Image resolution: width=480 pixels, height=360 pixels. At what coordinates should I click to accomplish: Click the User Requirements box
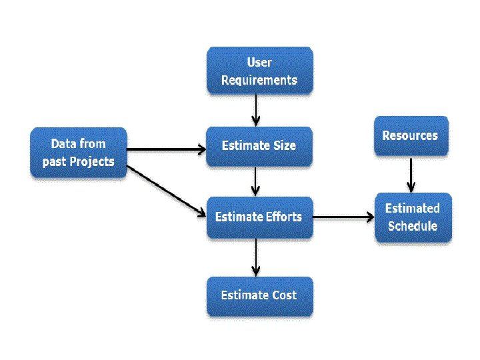pyautogui.click(x=259, y=71)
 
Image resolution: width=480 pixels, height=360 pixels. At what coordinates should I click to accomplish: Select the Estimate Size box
pyautogui.click(x=259, y=146)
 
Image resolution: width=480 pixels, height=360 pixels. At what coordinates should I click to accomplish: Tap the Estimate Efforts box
pyautogui.click(x=259, y=217)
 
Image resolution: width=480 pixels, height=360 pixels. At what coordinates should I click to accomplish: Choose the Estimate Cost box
pyautogui.click(x=259, y=295)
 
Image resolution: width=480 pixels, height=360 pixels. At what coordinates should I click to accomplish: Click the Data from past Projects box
pyautogui.click(x=78, y=153)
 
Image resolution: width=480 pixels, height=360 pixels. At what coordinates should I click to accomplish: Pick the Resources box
pyautogui.click(x=411, y=136)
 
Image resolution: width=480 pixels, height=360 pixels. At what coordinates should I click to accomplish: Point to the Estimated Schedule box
pyautogui.click(x=413, y=217)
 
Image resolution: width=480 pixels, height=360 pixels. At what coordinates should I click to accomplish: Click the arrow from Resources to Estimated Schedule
pyautogui.click(x=411, y=174)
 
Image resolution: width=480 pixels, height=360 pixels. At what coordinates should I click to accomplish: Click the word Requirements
pyautogui.click(x=259, y=80)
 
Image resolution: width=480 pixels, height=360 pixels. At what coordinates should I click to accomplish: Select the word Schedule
pyautogui.click(x=413, y=225)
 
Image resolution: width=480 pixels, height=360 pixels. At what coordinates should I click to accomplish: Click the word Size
pyautogui.click(x=283, y=146)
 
